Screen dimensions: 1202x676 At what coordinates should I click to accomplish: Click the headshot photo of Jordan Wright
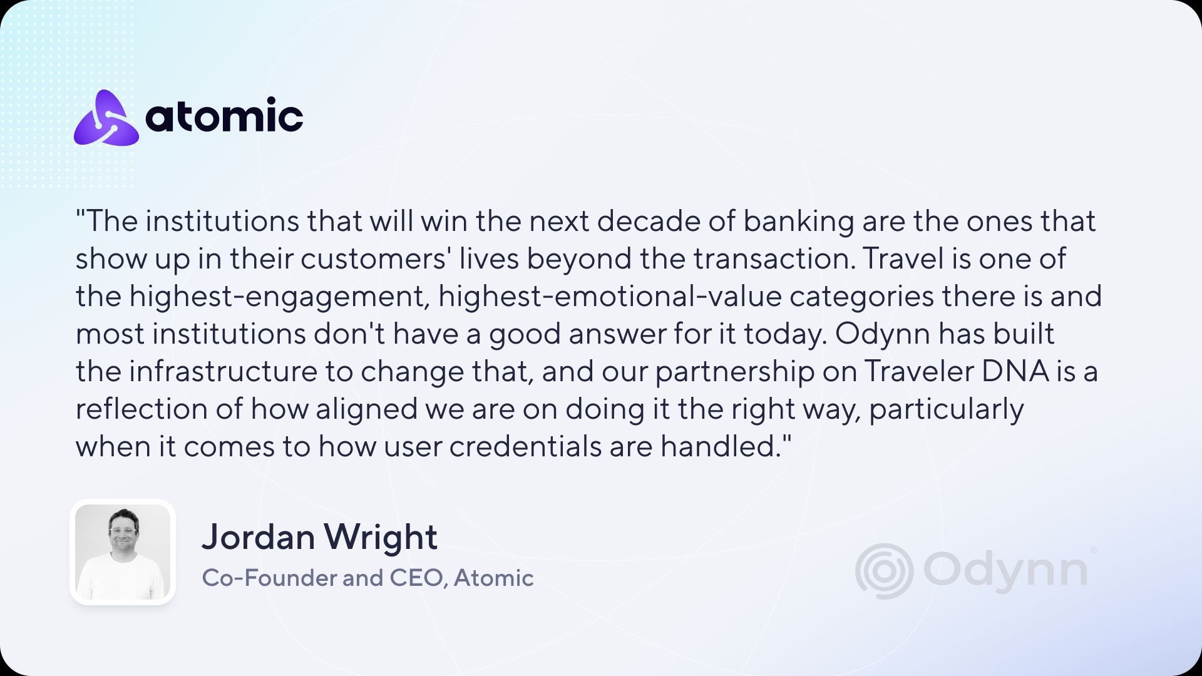[x=123, y=552]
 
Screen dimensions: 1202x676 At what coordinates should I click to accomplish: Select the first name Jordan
[x=258, y=537]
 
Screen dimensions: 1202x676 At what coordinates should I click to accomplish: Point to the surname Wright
[x=380, y=537]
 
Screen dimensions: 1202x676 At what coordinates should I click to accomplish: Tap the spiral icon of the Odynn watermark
[x=884, y=571]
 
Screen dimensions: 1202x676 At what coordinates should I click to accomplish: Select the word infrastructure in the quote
[x=223, y=371]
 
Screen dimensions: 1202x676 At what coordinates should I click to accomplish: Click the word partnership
[x=735, y=372]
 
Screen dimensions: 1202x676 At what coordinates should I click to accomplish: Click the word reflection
[x=142, y=409]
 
